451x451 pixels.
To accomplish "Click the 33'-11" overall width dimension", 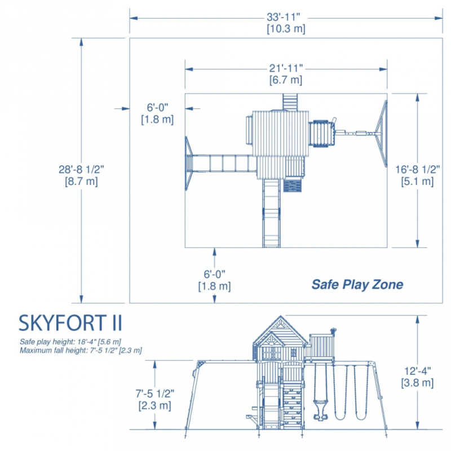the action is [x=284, y=17].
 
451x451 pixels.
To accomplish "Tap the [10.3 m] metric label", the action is [x=286, y=29].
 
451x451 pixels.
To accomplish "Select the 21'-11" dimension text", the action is [x=286, y=68].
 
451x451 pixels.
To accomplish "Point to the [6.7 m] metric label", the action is [x=286, y=79].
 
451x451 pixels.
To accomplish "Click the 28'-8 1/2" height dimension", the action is [x=81, y=170].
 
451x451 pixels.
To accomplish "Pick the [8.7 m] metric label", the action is [x=81, y=182].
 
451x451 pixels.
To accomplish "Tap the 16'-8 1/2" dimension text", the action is [x=417, y=170].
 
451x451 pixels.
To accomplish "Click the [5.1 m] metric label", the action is [x=417, y=182].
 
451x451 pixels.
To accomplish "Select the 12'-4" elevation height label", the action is [x=418, y=371].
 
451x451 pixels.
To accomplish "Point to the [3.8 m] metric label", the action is [x=417, y=383].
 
